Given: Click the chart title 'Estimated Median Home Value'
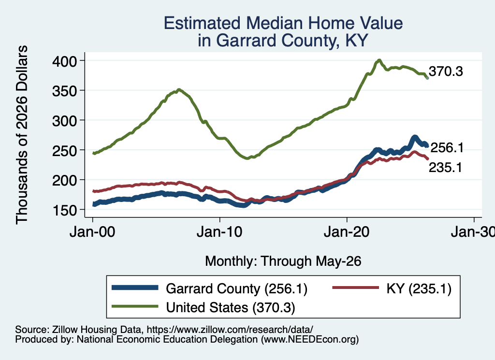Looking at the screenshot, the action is point(283,23).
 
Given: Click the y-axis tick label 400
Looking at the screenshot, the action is point(64,61).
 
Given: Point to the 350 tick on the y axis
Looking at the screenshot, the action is point(64,91).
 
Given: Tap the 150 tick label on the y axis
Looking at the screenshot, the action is point(64,211).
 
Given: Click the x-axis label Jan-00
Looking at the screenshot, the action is point(92,232).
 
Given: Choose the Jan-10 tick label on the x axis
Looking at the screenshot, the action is point(219,232).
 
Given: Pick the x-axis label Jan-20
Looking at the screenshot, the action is point(347,232).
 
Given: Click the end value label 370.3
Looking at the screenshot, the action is point(446,72).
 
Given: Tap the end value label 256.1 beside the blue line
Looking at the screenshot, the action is point(447,148).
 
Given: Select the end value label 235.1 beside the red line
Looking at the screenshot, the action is point(445,168).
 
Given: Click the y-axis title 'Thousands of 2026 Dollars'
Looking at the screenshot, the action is point(22,135).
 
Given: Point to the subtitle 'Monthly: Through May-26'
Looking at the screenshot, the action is point(283,261).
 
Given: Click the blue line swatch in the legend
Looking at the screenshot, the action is point(135,288).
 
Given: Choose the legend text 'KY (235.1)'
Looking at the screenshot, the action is point(419,288).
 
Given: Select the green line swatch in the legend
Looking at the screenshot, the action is point(135,306).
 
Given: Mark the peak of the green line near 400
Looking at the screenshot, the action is point(379,60).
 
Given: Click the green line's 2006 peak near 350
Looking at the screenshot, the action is point(179,89).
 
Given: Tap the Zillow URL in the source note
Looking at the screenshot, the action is point(230,330).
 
